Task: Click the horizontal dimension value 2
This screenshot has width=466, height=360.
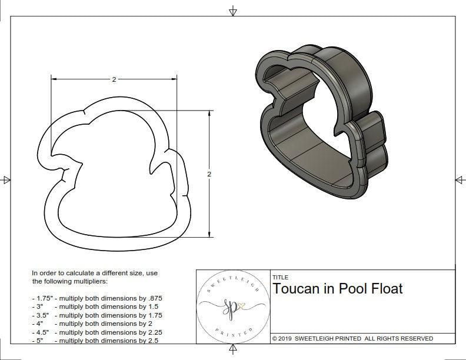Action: click(x=114, y=79)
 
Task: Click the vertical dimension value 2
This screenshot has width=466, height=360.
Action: click(x=209, y=174)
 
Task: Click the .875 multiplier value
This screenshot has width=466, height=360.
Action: click(x=152, y=298)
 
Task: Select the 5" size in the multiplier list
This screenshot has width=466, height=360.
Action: click(x=39, y=341)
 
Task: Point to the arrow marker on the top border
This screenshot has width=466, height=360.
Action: click(x=233, y=11)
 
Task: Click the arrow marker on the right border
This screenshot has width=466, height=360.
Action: click(x=460, y=179)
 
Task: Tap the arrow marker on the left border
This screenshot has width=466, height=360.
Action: click(x=6, y=179)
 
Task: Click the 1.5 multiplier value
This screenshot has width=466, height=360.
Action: click(x=149, y=306)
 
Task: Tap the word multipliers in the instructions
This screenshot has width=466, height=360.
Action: click(x=94, y=281)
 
